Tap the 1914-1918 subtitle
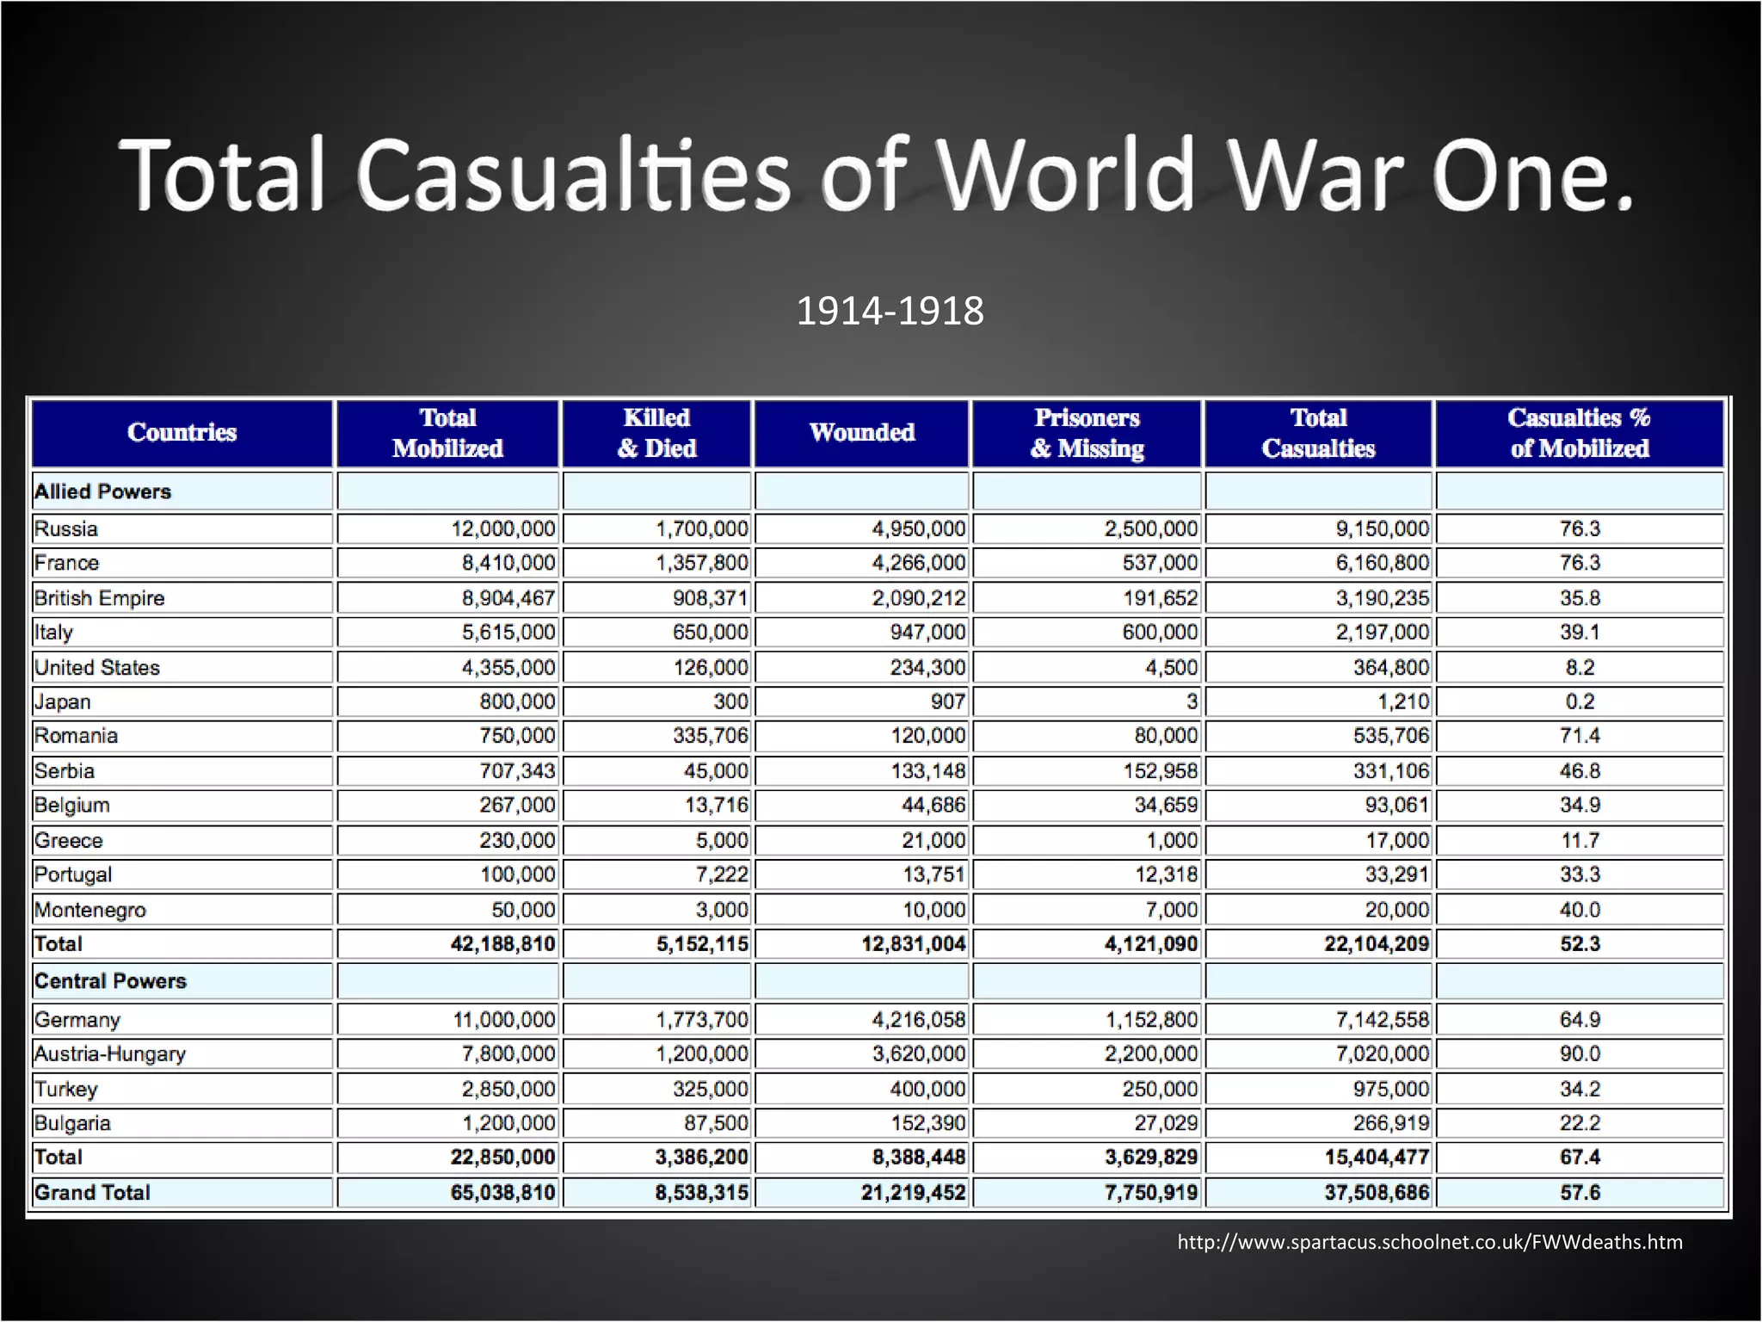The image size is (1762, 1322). point(890,311)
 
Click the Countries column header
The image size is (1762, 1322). point(182,432)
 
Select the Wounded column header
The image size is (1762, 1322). point(861,432)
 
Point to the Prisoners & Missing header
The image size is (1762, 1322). point(1087,433)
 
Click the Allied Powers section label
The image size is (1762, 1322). point(102,491)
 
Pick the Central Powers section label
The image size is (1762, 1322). point(110,981)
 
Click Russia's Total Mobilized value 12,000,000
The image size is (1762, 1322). point(503,528)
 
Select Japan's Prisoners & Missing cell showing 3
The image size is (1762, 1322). point(1192,701)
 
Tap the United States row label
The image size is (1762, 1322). point(97,667)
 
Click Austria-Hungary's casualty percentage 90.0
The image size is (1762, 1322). point(1580,1053)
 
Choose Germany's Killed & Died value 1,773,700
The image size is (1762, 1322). point(702,1020)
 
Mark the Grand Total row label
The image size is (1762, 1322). point(92,1192)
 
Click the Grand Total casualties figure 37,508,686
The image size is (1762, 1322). point(1377,1192)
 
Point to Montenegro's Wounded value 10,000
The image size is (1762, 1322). point(933,910)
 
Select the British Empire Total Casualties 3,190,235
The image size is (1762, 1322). point(1382,597)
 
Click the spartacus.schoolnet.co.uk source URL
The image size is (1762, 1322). point(1429,1242)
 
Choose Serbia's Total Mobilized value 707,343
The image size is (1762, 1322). point(517,770)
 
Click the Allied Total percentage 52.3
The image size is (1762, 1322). point(1580,944)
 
